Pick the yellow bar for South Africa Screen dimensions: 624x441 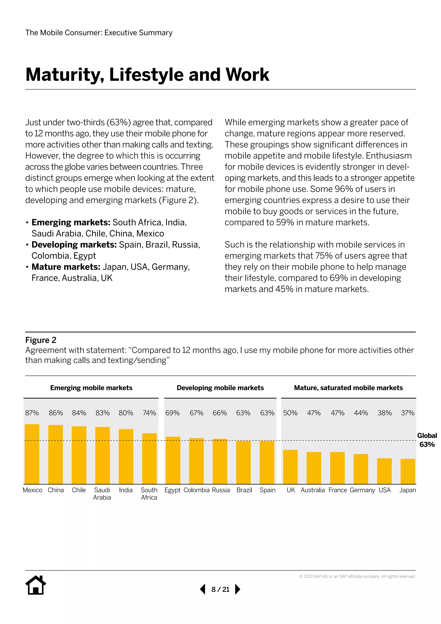click(149, 459)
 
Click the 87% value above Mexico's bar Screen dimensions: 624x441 click(32, 413)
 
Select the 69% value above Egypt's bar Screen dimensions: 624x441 click(172, 413)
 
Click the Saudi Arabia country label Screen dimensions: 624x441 click(102, 494)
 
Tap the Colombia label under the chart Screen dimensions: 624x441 click(196, 490)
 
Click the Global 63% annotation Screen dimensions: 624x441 click(427, 440)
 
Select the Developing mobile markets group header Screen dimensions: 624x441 click(220, 388)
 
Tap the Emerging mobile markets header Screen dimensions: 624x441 click(91, 388)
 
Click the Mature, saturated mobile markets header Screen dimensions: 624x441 click(348, 388)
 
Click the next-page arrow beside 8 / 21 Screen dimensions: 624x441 click(237, 589)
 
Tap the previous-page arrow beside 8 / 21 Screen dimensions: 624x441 click(203, 589)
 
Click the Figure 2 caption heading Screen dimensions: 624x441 click(41, 340)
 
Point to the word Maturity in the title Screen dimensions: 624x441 click(65, 75)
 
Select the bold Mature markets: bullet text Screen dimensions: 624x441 click(66, 267)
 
